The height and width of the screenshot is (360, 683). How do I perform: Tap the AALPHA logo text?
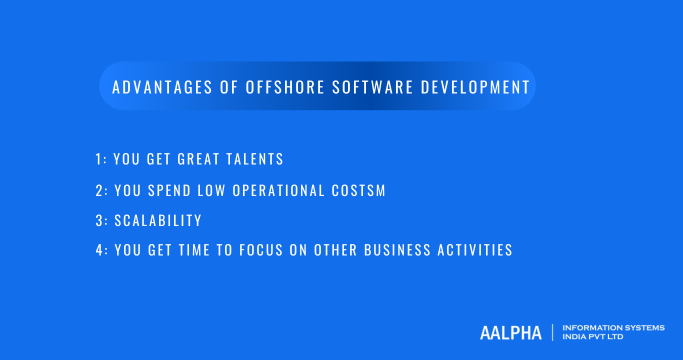(511, 330)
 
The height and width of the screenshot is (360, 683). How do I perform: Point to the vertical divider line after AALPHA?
(554, 330)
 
